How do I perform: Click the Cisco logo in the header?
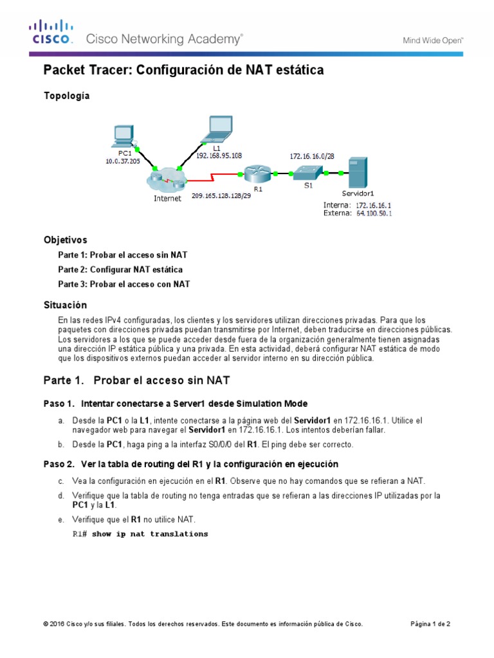pyautogui.click(x=51, y=32)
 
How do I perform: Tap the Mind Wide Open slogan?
pyautogui.click(x=433, y=40)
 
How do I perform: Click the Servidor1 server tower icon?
pyautogui.click(x=356, y=172)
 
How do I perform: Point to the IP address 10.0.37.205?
pyautogui.click(x=122, y=162)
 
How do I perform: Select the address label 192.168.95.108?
pyautogui.click(x=219, y=155)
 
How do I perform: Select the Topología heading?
pyautogui.click(x=66, y=96)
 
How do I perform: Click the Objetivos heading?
pyautogui.click(x=65, y=240)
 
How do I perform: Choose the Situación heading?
pyautogui.click(x=65, y=305)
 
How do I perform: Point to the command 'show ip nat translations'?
pyautogui.click(x=150, y=534)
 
